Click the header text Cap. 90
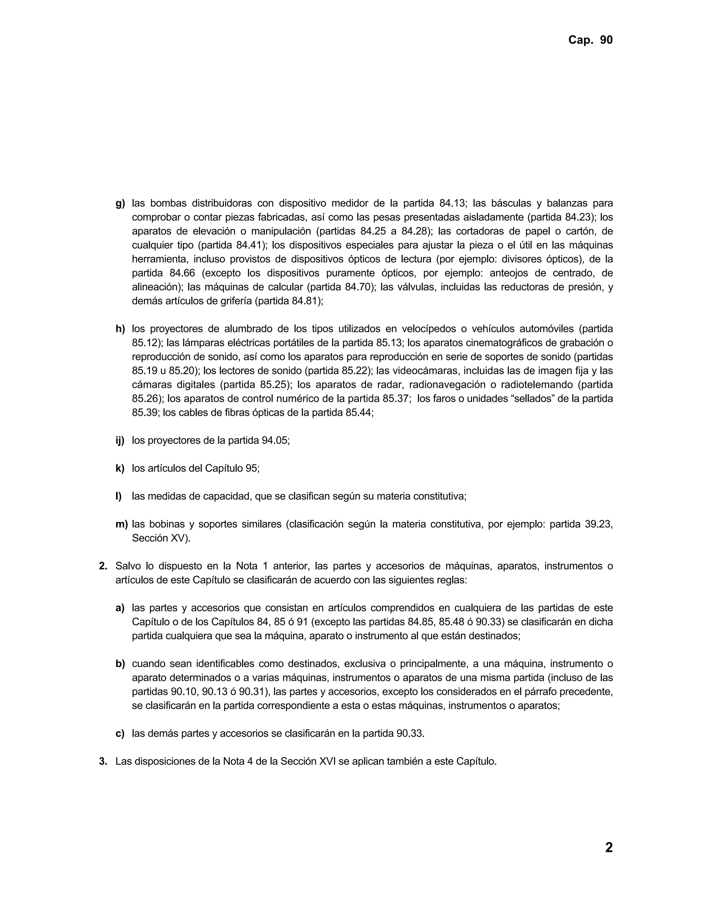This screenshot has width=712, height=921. coord(590,40)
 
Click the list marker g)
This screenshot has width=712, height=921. coord(120,203)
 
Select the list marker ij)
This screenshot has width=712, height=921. coord(120,441)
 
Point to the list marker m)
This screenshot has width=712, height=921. coord(121,524)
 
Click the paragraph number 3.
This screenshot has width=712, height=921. coord(103,761)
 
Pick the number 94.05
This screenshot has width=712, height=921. coord(275,441)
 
